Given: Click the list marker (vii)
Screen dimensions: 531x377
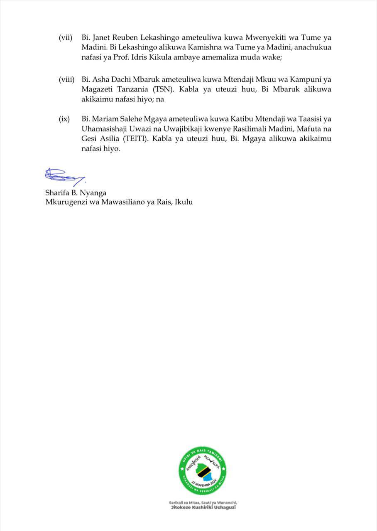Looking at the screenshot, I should coord(66,38).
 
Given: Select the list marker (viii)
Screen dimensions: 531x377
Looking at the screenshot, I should coord(66,79).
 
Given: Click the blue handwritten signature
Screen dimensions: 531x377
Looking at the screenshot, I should coord(65,175).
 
